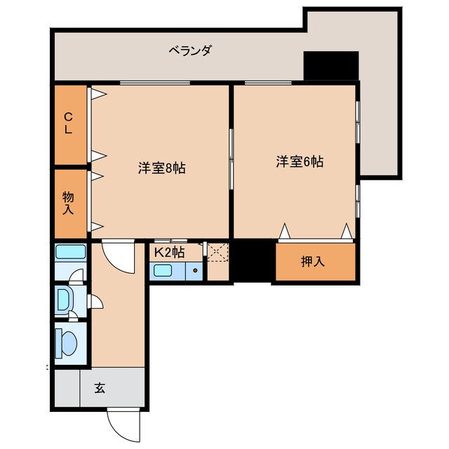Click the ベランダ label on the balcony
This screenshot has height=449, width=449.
click(x=190, y=51)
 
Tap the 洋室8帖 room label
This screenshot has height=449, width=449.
click(x=161, y=168)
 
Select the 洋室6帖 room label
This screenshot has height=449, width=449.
click(x=300, y=161)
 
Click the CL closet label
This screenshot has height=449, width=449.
click(x=69, y=123)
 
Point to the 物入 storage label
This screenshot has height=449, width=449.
click(x=69, y=201)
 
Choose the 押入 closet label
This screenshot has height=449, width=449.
click(x=313, y=262)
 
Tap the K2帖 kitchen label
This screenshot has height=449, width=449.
click(x=169, y=251)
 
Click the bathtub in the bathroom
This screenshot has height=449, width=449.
click(x=70, y=253)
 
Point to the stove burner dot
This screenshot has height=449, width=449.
click(x=195, y=270)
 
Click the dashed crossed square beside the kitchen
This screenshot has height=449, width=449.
click(x=217, y=252)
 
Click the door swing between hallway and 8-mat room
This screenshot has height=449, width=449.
click(x=117, y=255)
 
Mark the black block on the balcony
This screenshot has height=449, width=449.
click(x=330, y=66)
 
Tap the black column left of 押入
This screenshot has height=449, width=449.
click(x=253, y=261)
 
